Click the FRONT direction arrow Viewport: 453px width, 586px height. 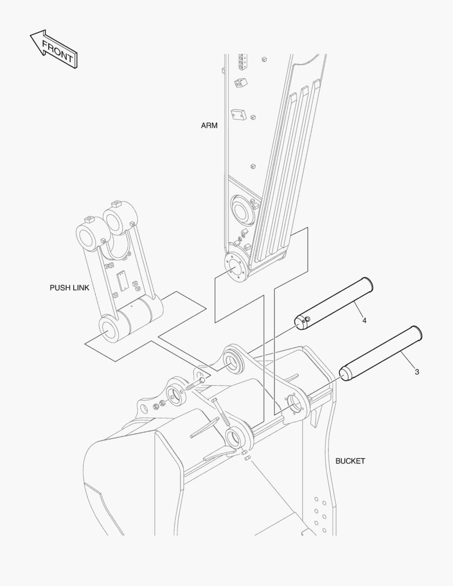53,49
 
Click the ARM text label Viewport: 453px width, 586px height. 209,125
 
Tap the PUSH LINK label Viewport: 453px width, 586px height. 69,288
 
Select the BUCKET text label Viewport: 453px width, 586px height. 350,461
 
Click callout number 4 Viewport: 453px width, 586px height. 364,321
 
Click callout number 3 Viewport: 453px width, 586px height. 417,372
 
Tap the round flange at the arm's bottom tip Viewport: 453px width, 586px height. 236,268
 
